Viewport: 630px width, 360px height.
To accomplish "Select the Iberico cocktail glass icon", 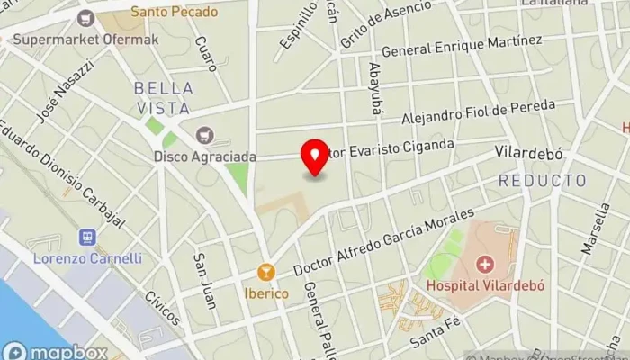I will click(265, 272).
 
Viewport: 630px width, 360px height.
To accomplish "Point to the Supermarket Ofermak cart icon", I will click(85, 17).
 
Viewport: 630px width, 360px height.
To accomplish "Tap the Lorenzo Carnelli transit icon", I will click(87, 238).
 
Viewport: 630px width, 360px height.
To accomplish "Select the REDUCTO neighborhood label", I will click(542, 181).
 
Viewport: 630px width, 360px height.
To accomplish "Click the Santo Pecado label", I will click(174, 13).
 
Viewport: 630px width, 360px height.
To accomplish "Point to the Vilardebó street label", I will click(529, 154).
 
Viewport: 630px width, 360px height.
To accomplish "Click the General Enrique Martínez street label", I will click(462, 46).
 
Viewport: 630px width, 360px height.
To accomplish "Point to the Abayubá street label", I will click(375, 89).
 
